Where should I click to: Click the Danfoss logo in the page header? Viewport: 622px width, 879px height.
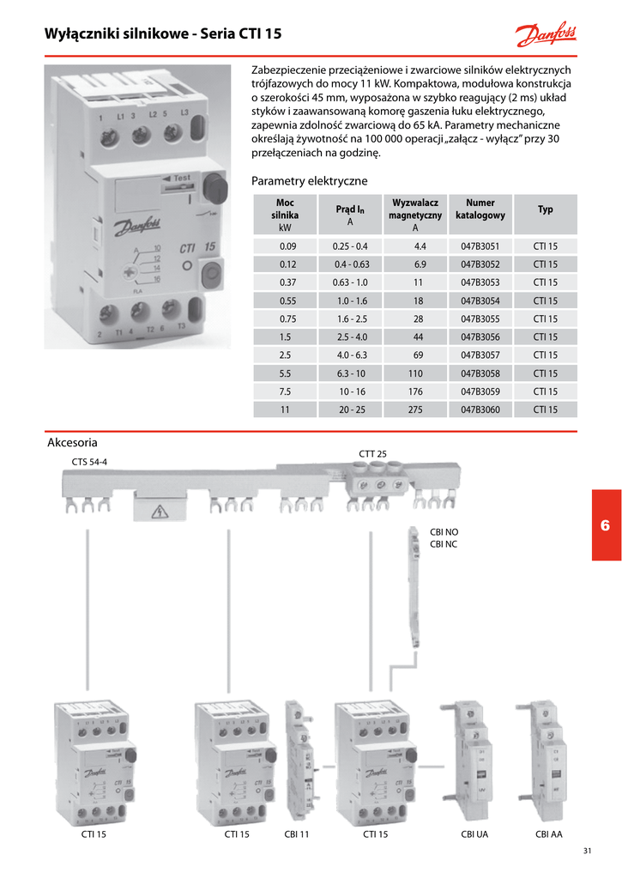click(x=546, y=35)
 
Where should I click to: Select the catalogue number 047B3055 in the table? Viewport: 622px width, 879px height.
click(x=480, y=318)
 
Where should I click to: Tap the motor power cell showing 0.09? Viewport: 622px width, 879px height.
click(x=287, y=246)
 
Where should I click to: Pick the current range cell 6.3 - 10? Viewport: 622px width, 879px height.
click(x=351, y=373)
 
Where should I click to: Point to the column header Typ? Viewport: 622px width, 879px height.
click(x=546, y=209)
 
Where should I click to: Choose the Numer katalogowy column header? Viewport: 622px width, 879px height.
click(x=480, y=209)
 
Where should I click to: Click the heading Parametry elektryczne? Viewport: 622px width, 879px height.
click(x=309, y=181)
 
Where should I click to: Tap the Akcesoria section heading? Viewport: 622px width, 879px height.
click(x=73, y=443)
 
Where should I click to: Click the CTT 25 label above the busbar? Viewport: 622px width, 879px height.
click(x=372, y=453)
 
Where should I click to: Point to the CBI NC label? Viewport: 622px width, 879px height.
click(x=444, y=544)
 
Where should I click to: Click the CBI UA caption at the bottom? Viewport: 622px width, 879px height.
click(x=474, y=834)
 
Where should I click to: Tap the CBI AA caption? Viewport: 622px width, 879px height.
click(x=548, y=834)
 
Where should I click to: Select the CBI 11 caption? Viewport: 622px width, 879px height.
click(x=296, y=834)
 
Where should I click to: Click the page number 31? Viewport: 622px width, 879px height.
click(x=587, y=852)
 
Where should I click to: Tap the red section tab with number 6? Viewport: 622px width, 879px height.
click(x=606, y=525)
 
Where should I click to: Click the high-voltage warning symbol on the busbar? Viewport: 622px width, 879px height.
click(x=158, y=513)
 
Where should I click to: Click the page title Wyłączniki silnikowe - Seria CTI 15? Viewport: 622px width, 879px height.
click(x=163, y=34)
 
